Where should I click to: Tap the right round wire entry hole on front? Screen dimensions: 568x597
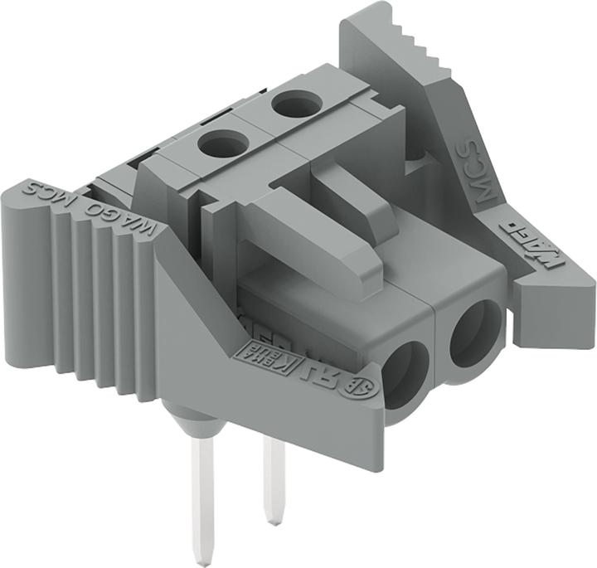tap(476, 331)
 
